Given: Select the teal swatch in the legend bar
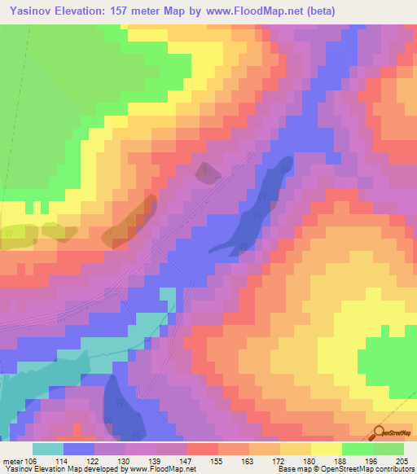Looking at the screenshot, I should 48,449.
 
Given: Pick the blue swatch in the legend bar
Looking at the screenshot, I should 79,449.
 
